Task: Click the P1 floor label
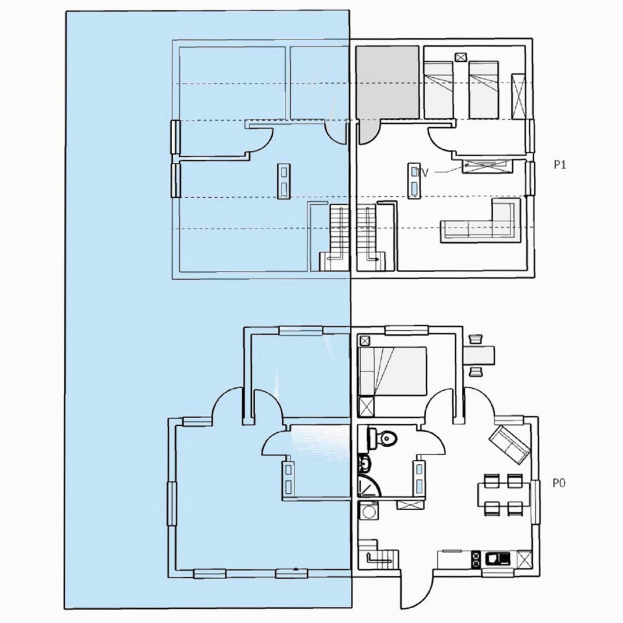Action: click(x=559, y=164)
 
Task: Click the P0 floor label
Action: click(x=559, y=483)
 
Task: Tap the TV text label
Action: click(x=422, y=173)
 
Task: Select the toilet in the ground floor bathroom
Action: click(x=384, y=439)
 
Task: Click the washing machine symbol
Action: click(x=369, y=511)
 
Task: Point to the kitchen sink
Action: click(x=498, y=559)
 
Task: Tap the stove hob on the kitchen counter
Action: click(x=476, y=559)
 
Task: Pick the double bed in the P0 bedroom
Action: click(x=393, y=371)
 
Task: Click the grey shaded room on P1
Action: click(x=387, y=82)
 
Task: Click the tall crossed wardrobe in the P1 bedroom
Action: click(x=519, y=96)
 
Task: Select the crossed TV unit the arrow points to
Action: click(x=486, y=165)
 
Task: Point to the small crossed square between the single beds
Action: click(x=461, y=57)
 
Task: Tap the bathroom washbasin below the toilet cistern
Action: click(x=365, y=463)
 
